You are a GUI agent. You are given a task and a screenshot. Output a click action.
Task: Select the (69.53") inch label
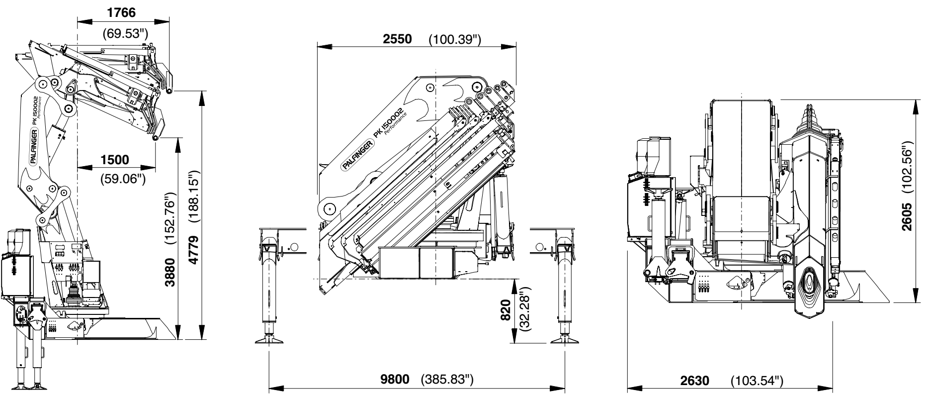pos(125,34)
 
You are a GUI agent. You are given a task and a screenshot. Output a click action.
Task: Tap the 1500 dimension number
pos(114,160)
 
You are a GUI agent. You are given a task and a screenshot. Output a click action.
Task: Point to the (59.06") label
pos(123,178)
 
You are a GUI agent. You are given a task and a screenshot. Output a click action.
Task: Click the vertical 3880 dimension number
pos(171,272)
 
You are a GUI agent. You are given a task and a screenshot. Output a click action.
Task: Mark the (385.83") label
pos(446,380)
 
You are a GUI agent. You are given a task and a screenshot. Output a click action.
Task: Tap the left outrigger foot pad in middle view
pos(269,340)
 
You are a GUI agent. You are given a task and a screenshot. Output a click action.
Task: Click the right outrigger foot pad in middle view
pos(564,340)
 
